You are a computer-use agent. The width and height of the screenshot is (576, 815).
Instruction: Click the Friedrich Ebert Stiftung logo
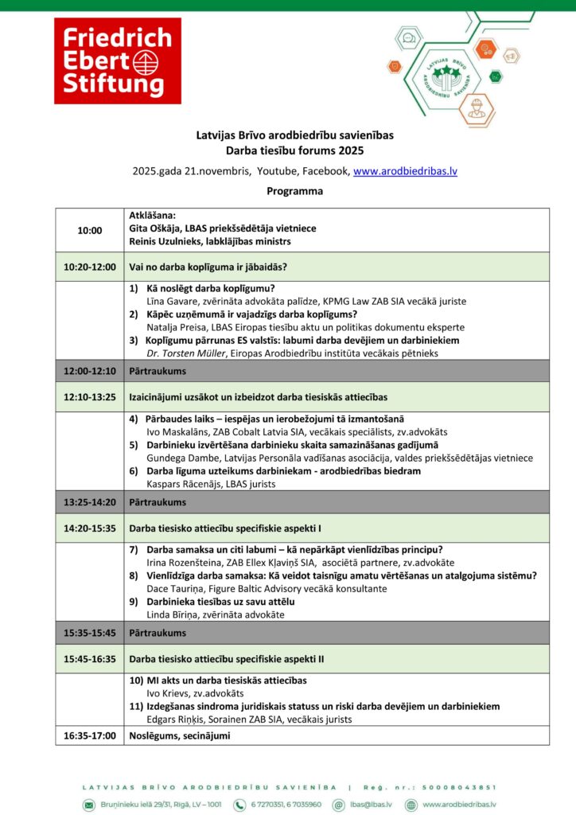pos(117,60)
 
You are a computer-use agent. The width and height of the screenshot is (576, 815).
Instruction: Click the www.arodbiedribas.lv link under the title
pos(405,171)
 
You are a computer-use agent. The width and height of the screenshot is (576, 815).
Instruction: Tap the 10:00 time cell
pos(90,230)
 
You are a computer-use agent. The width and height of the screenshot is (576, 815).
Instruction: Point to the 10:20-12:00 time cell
pos(90,267)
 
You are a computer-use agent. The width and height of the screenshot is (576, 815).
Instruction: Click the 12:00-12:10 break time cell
pos(90,371)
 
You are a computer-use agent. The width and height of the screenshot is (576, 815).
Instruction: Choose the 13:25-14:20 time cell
pos(90,502)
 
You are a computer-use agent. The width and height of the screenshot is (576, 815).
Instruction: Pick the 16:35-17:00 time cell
pos(90,735)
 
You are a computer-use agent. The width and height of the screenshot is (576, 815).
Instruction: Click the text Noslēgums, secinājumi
pos(179,735)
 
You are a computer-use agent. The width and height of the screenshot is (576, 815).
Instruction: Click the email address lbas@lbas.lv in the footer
pos(370,805)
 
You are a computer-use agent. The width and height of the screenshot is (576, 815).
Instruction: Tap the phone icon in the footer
pos(239,805)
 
